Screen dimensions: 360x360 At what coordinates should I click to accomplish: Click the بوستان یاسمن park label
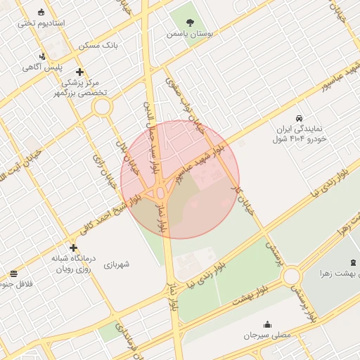pos(189,33)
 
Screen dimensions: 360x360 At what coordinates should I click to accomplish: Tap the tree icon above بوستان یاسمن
pos(190,20)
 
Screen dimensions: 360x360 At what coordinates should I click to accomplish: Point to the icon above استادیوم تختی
pos(41,12)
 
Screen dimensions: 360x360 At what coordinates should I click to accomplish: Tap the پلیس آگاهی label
pos(43,67)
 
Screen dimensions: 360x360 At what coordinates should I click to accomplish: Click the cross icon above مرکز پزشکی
pos(80,72)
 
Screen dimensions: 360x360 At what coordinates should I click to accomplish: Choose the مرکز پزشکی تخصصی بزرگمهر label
pos(82,87)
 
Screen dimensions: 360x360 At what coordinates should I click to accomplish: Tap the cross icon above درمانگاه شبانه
pos(73,247)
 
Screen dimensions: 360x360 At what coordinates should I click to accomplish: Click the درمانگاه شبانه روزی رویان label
pos(70,264)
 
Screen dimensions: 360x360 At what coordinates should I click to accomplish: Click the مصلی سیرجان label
pos(267,336)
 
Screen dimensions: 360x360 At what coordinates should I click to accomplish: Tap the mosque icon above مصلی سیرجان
pos(267,324)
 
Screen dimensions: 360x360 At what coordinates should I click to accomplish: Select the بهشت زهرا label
pos(335,272)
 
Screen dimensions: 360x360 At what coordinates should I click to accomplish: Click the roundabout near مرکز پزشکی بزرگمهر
pos(103,108)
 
